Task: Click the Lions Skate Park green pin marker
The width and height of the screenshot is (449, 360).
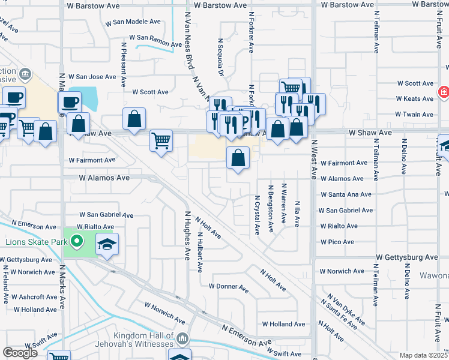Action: pyautogui.click(x=76, y=242)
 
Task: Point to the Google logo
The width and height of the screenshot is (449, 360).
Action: pyautogui.click(x=20, y=353)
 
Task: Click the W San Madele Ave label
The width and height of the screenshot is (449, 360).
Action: pyautogui.click(x=133, y=22)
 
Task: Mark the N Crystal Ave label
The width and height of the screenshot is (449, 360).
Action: pyautogui.click(x=257, y=214)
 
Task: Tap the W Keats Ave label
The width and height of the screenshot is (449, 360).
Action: pyautogui.click(x=414, y=98)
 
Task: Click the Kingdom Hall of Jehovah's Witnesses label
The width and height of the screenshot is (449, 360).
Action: pyautogui.click(x=144, y=340)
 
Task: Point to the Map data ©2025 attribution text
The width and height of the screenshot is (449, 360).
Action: pyautogui.click(x=423, y=355)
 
